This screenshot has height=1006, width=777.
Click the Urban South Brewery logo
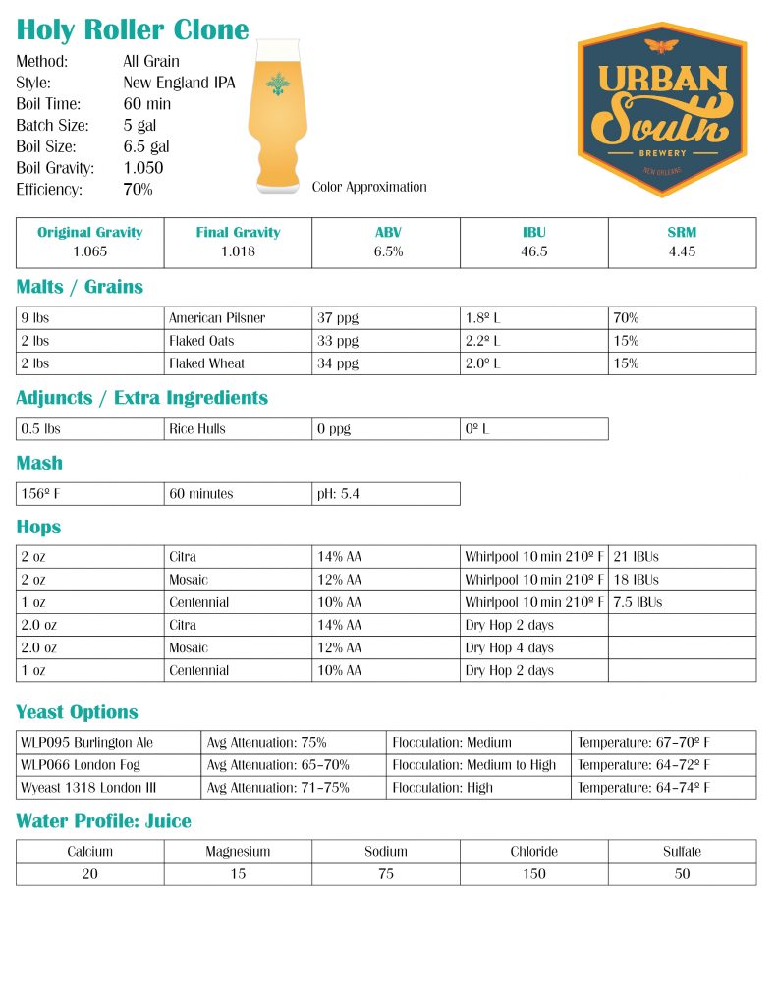[x=662, y=109]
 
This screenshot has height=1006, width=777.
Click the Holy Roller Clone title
[x=133, y=29]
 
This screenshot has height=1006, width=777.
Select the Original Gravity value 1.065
[x=90, y=251]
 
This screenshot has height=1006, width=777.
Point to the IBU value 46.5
[x=534, y=251]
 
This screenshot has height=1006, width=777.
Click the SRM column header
[x=682, y=233]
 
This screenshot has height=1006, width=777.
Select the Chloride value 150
[x=534, y=874]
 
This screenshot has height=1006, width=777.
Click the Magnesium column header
[x=238, y=852]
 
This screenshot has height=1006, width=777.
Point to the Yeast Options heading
[x=77, y=712]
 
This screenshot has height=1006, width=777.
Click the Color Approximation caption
[x=369, y=187]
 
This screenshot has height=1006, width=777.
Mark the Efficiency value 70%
[x=138, y=190]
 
